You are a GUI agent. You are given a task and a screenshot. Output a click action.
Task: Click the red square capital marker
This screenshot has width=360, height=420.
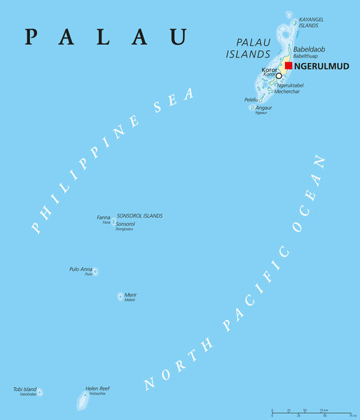[289, 66]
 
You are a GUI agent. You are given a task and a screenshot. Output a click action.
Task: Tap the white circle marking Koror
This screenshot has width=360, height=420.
[279, 76]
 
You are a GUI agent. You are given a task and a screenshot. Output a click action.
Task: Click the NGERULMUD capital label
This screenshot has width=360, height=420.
[321, 66]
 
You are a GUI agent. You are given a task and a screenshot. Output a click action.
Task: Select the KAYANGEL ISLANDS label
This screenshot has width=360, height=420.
[312, 22]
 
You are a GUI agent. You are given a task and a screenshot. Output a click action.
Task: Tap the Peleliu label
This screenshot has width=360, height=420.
[251, 100]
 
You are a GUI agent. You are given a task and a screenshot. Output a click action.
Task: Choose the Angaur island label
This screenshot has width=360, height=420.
[265, 108]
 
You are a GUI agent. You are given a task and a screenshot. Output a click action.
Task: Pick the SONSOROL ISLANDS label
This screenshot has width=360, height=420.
[139, 216]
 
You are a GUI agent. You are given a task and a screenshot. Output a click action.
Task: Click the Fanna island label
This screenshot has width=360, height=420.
[104, 218]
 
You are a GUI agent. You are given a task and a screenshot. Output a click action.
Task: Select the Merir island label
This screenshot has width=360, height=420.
[130, 295]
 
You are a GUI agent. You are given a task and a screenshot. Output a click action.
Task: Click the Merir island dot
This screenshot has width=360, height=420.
[120, 297]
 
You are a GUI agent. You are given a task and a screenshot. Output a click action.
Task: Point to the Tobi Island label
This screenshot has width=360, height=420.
[25, 389]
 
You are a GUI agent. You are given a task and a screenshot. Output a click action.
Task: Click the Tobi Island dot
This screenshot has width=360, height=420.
[40, 392]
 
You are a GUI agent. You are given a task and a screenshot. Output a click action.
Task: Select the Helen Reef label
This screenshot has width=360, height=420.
[97, 388]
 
